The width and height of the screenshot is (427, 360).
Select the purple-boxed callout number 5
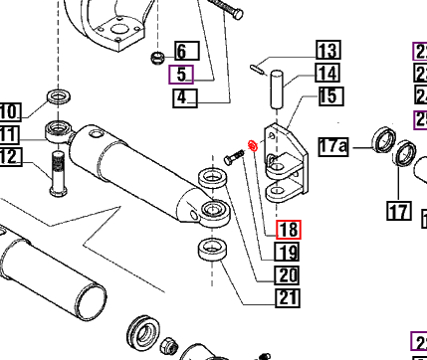pos(181,74)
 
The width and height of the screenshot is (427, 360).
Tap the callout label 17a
pos(333,147)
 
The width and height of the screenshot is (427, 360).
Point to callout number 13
pos(327,50)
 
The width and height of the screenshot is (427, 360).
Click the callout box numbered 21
pos(288,297)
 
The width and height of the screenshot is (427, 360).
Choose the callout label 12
pos(9,157)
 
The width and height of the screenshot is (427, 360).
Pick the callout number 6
pos(186,50)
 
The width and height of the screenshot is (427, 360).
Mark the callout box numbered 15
pos(327,95)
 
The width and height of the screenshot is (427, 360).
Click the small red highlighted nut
pos(253,148)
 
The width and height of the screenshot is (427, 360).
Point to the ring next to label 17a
pos(380,138)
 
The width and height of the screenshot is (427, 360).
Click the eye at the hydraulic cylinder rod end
pos(213,210)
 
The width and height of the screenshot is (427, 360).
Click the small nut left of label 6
pos(156,57)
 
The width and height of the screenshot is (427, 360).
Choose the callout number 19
pos(288,253)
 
